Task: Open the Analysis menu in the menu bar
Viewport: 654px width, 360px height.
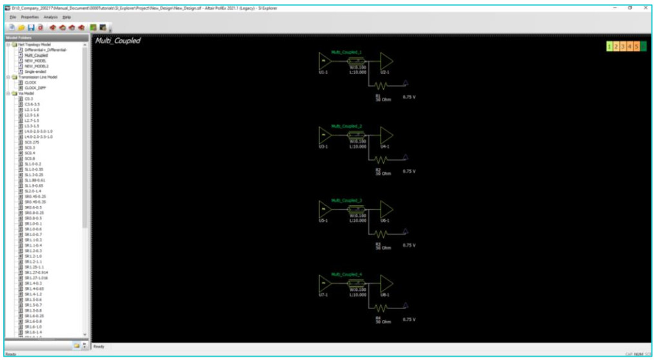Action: coord(51,16)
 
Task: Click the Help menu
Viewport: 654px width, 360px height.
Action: coord(67,16)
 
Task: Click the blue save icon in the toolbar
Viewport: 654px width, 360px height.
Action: coord(31,28)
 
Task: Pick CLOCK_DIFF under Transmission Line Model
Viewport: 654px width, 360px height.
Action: coord(35,87)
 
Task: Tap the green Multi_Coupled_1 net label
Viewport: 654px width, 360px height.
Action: coord(346,52)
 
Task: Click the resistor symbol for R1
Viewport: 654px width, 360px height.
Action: coord(380,85)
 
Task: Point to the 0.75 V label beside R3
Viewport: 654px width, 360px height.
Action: coord(409,245)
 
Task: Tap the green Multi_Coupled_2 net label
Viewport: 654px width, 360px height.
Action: coord(346,126)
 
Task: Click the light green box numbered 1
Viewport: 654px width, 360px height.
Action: coord(609,46)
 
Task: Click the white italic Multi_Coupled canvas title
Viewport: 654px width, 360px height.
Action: coord(118,41)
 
